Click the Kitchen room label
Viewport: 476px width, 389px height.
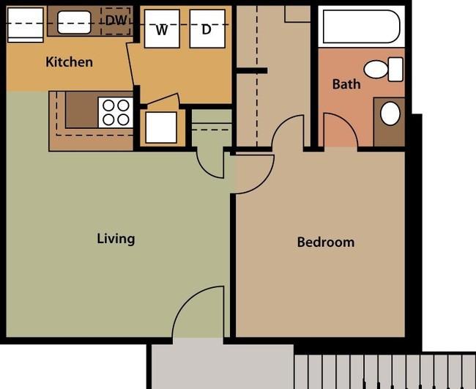tap(70, 62)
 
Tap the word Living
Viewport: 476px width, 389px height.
tap(116, 239)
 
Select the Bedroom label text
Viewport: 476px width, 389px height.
tap(326, 242)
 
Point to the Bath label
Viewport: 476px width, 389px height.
tap(346, 84)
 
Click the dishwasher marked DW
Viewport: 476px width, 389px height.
tap(116, 21)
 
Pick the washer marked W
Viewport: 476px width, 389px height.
tap(162, 29)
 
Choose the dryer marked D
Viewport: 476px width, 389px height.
tap(207, 29)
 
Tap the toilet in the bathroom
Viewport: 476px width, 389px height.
tap(384, 70)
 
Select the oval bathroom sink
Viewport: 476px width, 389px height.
tap(390, 114)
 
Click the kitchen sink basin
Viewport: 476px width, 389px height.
tap(74, 22)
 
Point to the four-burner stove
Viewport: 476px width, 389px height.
tap(116, 113)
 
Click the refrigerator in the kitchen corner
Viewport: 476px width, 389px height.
tap(25, 25)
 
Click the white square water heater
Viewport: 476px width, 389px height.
tap(161, 127)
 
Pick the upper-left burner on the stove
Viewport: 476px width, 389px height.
tap(108, 105)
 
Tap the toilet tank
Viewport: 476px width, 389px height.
tap(395, 70)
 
